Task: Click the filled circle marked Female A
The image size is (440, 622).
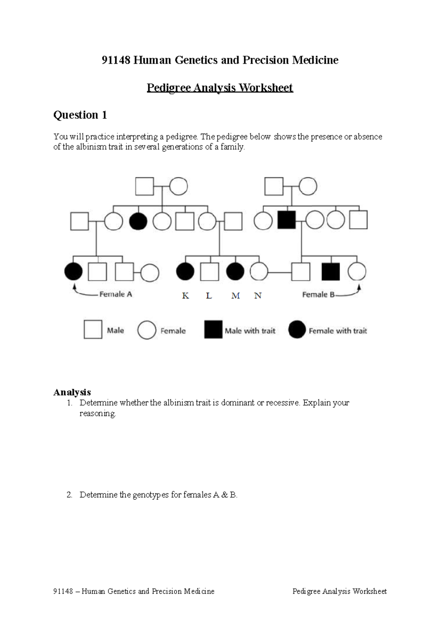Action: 73,272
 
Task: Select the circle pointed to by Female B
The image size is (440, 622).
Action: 357,272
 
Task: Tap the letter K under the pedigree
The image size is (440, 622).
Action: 186,296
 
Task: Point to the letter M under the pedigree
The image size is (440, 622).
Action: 235,296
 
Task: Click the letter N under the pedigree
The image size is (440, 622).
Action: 258,296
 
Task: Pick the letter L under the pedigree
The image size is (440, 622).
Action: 209,296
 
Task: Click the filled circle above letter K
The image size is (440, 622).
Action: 185,272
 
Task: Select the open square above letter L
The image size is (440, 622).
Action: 210,272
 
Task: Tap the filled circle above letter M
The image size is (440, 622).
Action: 235,272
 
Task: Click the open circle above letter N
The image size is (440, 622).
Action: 259,272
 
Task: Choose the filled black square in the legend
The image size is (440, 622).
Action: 213,330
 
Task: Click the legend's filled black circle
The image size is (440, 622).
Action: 297,330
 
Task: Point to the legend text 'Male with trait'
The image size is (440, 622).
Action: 250,331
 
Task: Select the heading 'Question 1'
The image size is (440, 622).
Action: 80,115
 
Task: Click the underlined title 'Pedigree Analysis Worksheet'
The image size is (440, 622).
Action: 220,88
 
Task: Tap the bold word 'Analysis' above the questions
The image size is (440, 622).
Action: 72,392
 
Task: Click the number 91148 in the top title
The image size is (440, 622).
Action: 116,60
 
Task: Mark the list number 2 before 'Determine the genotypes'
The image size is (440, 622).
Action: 69,495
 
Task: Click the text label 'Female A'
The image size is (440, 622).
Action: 115,294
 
